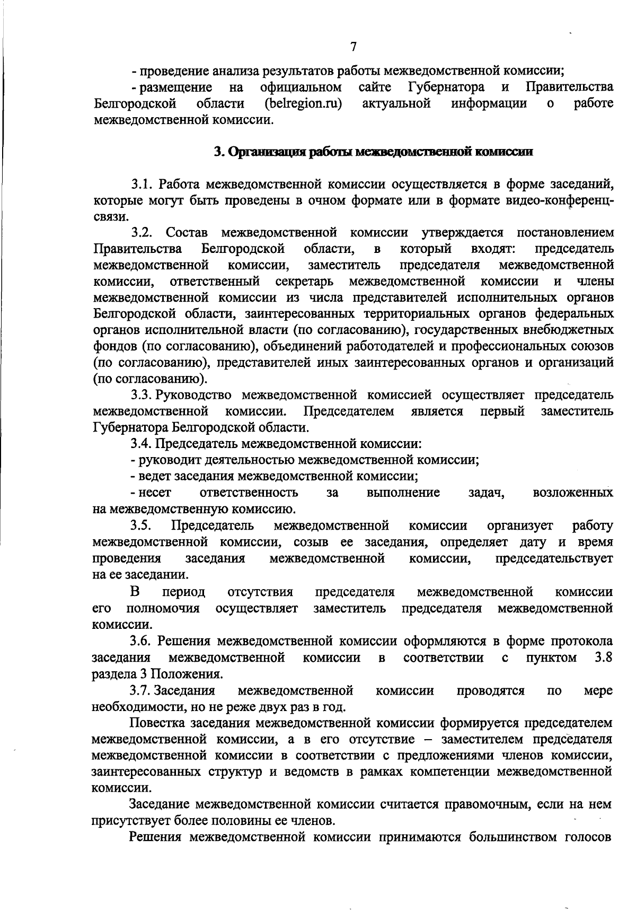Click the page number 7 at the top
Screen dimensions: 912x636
(x=354, y=47)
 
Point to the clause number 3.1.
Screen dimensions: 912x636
(x=142, y=185)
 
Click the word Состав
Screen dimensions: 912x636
(x=187, y=233)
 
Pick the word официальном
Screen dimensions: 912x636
(x=301, y=87)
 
